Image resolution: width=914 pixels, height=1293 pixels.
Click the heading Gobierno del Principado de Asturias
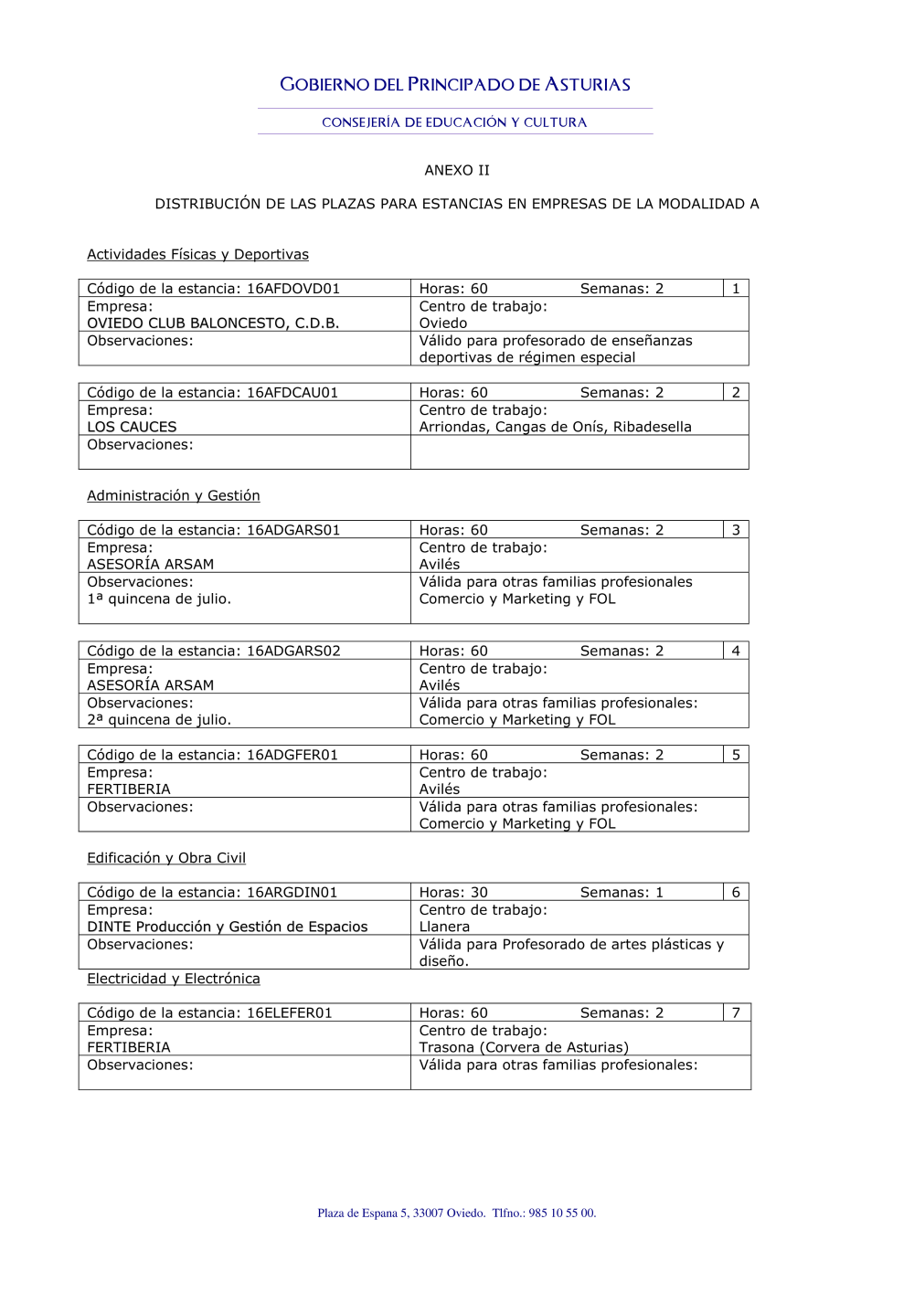coord(455,85)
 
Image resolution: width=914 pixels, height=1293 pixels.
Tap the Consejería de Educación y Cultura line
coord(454,122)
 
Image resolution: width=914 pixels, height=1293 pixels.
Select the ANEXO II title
coord(457,170)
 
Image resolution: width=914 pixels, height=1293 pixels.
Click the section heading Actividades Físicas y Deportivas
coord(197,255)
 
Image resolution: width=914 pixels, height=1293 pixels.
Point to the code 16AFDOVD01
coord(293,289)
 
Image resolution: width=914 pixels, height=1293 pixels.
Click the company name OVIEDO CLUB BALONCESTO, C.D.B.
coord(213,323)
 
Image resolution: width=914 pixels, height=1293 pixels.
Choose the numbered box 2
coord(736,393)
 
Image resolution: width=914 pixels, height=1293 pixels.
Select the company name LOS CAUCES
coord(132,427)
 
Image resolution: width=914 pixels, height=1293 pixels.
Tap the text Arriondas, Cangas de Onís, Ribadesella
coord(555,427)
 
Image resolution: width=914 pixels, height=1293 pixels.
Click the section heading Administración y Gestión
coord(174,496)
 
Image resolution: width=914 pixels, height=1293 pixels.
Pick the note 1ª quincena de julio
coord(159,599)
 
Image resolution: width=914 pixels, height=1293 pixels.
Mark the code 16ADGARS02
coord(293,652)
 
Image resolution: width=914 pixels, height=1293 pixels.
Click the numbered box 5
coord(736,755)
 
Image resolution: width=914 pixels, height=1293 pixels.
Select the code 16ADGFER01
coord(292,755)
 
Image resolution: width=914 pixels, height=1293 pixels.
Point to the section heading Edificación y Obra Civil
coord(166,858)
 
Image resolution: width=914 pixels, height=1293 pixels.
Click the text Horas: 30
coord(453,893)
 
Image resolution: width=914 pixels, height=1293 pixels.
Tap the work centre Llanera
coord(444,927)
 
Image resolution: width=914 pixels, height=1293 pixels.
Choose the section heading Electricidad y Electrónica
coord(174,979)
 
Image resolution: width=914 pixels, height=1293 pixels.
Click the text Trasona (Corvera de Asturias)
coord(524,1047)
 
